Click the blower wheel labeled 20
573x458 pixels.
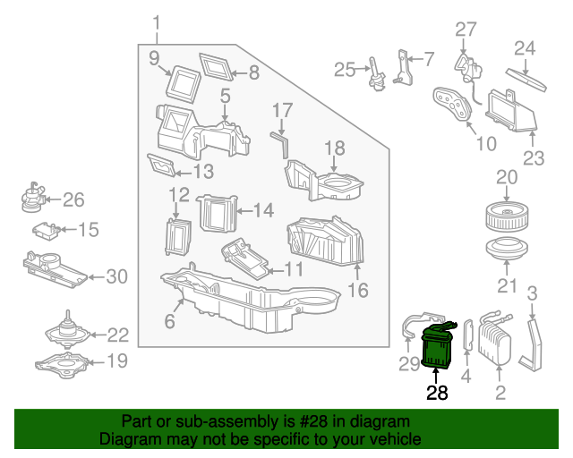tap(507, 217)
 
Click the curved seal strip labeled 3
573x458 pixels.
tap(536, 344)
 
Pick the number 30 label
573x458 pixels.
tap(117, 277)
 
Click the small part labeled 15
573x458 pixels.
tap(47, 231)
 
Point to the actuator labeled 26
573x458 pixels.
tap(34, 198)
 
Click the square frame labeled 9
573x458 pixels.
tap(186, 83)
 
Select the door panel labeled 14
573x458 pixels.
tap(215, 212)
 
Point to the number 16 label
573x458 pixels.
tap(358, 291)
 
